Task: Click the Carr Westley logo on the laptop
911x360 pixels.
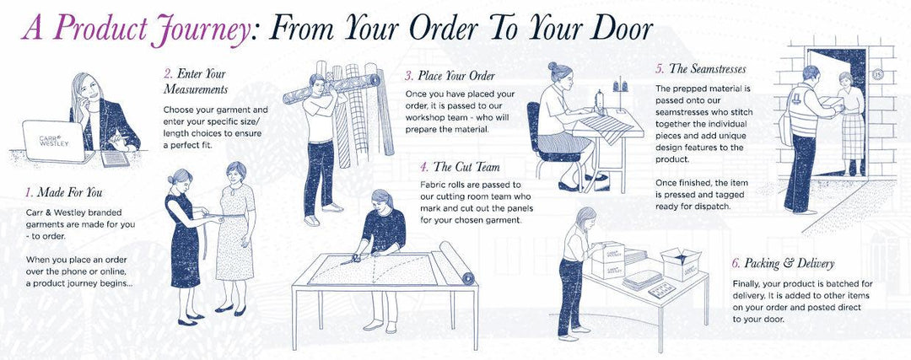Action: (x=54, y=140)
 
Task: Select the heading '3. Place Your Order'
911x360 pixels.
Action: (x=450, y=76)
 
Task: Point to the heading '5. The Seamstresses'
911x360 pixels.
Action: (x=701, y=68)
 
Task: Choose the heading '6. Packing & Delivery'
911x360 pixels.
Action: (x=783, y=263)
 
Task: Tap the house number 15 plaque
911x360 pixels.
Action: (x=877, y=73)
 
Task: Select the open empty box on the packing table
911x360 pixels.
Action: (x=681, y=263)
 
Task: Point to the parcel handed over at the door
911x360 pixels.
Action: (x=832, y=104)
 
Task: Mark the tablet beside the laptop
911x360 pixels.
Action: (x=115, y=159)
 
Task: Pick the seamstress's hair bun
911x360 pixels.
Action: (x=552, y=66)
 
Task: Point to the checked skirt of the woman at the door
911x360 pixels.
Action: (x=852, y=137)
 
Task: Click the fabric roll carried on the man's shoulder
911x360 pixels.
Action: (x=332, y=88)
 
